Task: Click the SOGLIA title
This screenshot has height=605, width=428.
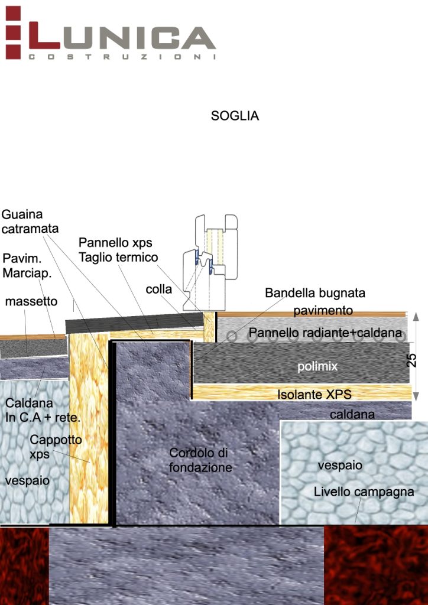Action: pyautogui.click(x=235, y=116)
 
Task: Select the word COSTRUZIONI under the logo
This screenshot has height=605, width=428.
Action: pyautogui.click(x=121, y=57)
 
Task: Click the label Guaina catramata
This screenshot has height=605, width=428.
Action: pyautogui.click(x=30, y=221)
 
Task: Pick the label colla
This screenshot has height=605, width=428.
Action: pyautogui.click(x=158, y=289)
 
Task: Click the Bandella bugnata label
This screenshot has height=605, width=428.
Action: pyautogui.click(x=314, y=292)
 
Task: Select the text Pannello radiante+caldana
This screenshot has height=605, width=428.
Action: pyautogui.click(x=325, y=332)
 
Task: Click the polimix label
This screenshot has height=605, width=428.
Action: pyautogui.click(x=317, y=366)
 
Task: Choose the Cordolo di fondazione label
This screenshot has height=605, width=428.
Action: pyautogui.click(x=200, y=460)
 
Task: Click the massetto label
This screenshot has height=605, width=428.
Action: pyautogui.click(x=31, y=301)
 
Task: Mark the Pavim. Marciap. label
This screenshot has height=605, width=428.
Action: pyautogui.click(x=28, y=266)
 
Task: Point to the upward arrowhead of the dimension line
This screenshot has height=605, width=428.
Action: pyautogui.click(x=415, y=316)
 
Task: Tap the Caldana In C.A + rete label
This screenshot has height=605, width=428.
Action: pyautogui.click(x=42, y=410)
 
